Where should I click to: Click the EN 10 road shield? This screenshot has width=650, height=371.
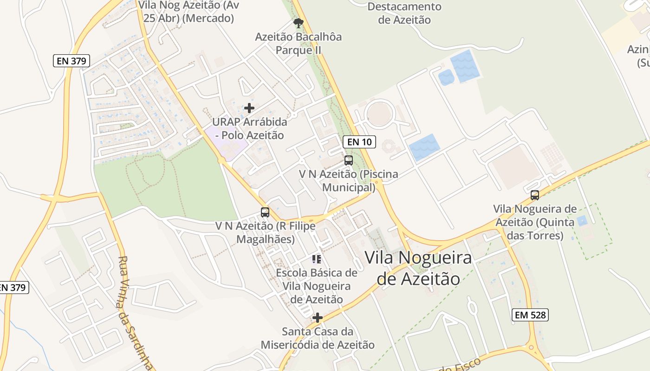coord(359,142)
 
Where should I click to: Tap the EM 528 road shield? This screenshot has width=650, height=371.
coord(531,315)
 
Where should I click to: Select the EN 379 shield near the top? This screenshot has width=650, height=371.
coord(71,61)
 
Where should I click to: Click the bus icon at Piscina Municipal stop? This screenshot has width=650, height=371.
coord(349,160)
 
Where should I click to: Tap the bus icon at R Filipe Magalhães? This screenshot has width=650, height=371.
coord(265,212)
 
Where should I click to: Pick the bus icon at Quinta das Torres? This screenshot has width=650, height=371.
coord(535,195)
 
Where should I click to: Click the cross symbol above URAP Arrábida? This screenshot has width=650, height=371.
coord(249,108)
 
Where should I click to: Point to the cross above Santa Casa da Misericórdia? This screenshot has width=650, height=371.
coord(318,318)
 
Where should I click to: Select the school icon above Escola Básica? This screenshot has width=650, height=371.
coord(317,259)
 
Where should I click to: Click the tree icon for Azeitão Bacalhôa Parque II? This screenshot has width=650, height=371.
coord(298,23)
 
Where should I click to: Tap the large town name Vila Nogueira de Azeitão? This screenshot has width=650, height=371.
coord(418,268)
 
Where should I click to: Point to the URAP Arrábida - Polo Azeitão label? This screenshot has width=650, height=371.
coord(249,129)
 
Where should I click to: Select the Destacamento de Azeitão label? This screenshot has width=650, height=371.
coord(404,13)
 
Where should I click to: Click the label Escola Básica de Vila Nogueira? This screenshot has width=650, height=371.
coord(317,286)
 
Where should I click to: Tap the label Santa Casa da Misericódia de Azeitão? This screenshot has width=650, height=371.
coord(318,338)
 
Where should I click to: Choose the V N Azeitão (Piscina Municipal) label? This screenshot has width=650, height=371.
coord(348,181)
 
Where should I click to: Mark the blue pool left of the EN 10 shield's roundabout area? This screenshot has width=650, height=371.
coord(424,147)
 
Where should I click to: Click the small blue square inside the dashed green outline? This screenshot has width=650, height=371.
coord(581,221)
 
